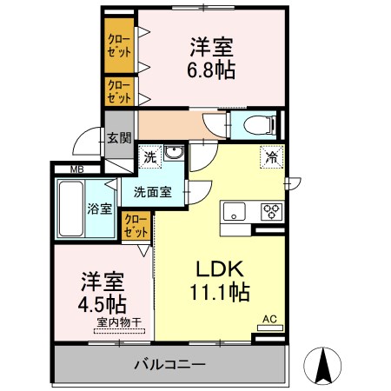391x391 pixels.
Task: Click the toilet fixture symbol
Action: (260, 125)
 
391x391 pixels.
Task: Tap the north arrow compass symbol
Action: (322, 366)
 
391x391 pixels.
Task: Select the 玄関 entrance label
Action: (119, 138)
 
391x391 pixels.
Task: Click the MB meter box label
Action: (77, 169)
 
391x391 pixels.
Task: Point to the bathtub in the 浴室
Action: (71, 209)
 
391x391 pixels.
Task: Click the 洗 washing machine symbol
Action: (150, 157)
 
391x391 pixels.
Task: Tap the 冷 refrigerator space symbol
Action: (271, 157)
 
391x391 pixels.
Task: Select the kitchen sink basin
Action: (235, 211)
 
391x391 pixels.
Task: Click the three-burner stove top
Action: (271, 212)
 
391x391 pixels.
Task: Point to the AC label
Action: (269, 320)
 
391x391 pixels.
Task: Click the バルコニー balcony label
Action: (170, 364)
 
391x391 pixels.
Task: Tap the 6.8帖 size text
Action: (211, 70)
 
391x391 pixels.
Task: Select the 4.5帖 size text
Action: (102, 304)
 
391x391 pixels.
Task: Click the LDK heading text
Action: (220, 268)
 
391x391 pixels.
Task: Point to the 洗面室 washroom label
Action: (153, 192)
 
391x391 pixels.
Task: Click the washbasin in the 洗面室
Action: (174, 152)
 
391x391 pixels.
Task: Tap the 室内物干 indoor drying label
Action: (119, 322)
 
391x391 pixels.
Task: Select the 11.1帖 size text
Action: (220, 292)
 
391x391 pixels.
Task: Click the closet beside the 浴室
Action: (136, 226)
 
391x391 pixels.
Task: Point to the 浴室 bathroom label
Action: (99, 209)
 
